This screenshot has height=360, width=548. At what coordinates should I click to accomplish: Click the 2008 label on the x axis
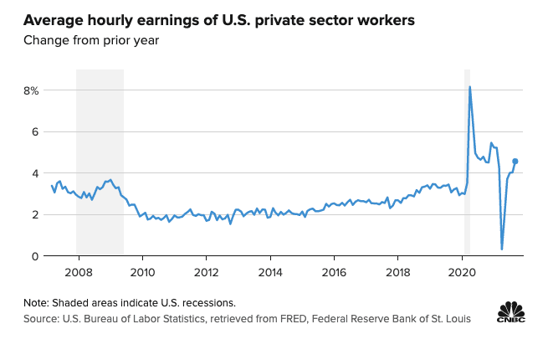point(78,272)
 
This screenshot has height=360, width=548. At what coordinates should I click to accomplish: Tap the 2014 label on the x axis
point(270,272)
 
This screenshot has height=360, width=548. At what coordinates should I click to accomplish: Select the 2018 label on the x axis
point(399,272)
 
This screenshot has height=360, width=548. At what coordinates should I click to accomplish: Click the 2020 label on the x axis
point(463,272)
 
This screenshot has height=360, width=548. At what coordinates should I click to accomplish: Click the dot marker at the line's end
point(515,162)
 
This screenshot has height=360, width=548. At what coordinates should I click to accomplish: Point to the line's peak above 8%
point(469,87)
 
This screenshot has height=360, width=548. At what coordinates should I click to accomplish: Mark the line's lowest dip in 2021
point(502,248)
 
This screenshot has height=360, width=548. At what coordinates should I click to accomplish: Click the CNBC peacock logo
point(511,313)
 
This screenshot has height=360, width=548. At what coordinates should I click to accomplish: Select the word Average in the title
point(53,19)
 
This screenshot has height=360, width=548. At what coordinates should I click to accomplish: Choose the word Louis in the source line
point(456,318)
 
